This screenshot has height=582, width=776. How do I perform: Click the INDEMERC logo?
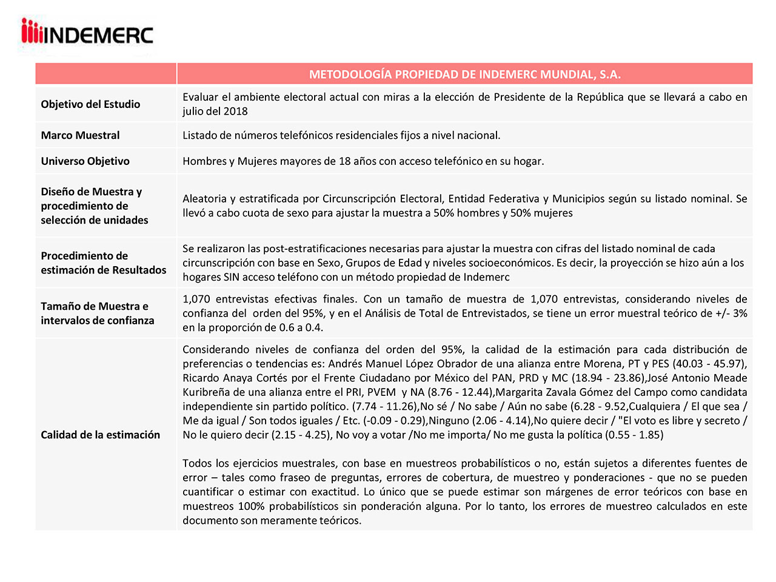(87, 33)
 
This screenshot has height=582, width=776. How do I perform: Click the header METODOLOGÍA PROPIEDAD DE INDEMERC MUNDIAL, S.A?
(464, 74)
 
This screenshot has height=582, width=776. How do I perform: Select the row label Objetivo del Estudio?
(90, 104)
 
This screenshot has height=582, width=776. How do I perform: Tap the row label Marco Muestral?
(80, 135)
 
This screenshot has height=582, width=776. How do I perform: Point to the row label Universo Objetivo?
(85, 161)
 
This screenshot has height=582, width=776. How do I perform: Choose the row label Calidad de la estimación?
(100, 435)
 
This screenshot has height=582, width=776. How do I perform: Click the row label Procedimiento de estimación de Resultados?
(103, 263)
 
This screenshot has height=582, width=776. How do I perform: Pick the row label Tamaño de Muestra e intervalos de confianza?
(97, 313)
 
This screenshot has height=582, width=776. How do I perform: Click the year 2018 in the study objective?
(235, 111)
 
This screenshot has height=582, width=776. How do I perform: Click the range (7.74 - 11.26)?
(385, 406)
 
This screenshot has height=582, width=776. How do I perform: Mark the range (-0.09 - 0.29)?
(394, 421)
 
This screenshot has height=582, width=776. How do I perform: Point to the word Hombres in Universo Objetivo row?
(203, 161)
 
